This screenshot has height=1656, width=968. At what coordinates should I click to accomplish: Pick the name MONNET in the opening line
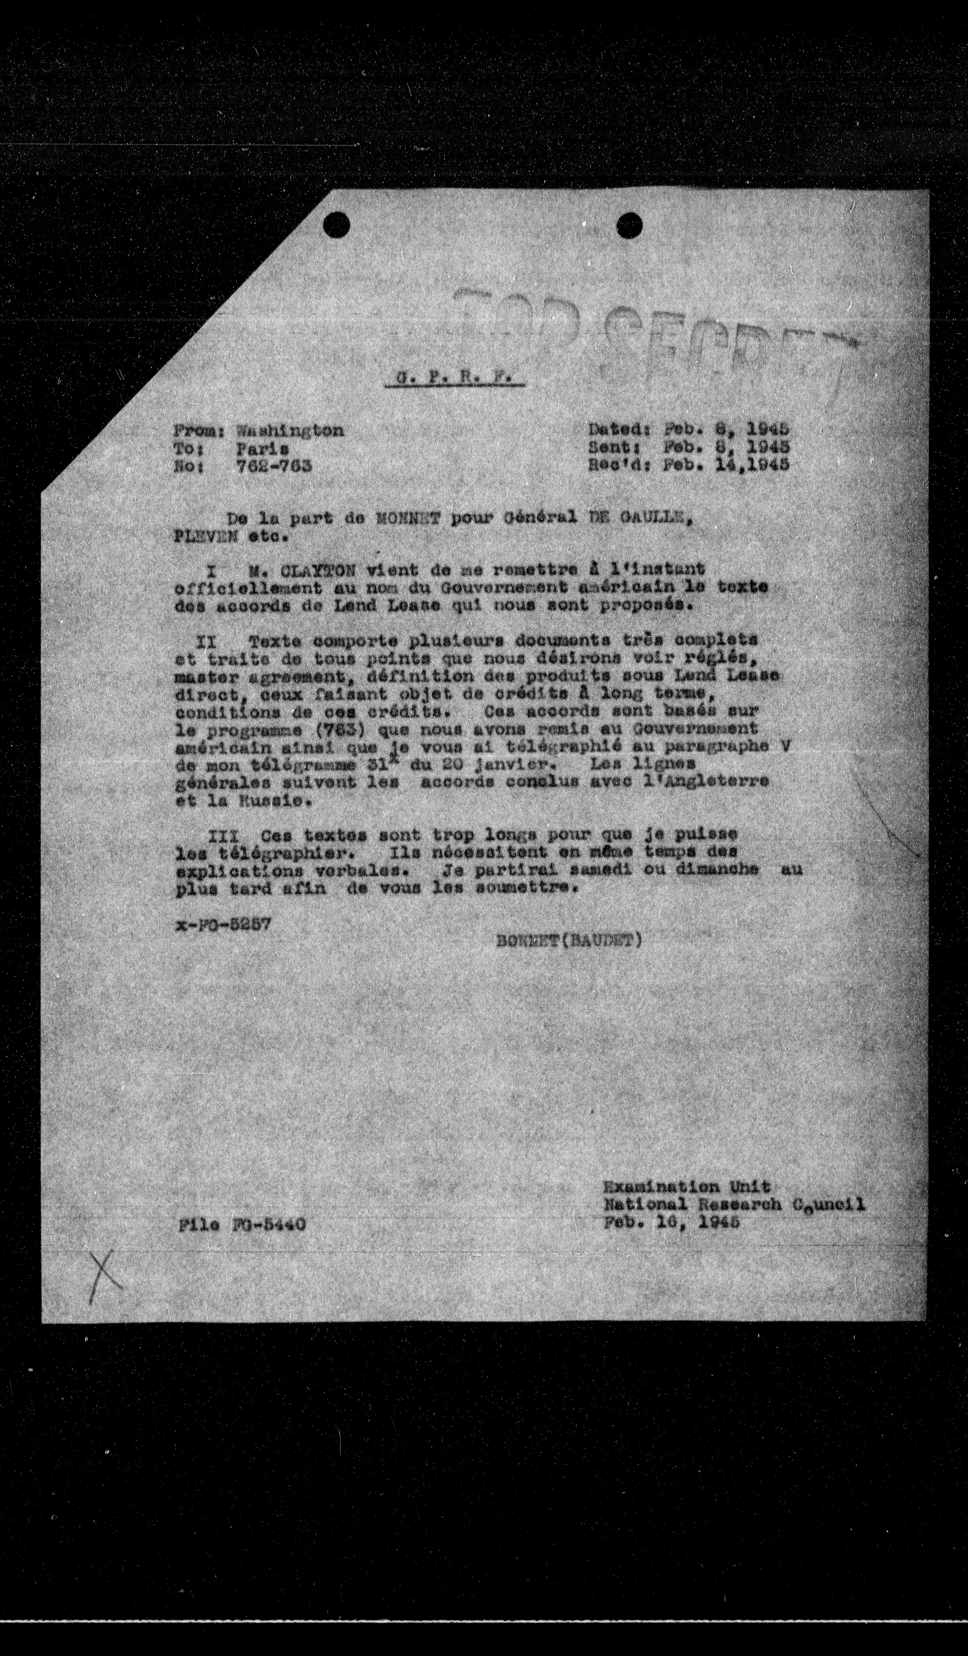[412, 519]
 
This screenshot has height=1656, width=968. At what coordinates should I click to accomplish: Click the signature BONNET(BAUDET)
[569, 940]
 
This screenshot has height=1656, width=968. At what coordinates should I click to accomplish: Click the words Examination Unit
[687, 1187]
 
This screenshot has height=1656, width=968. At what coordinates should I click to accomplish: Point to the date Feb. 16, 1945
[671, 1222]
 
